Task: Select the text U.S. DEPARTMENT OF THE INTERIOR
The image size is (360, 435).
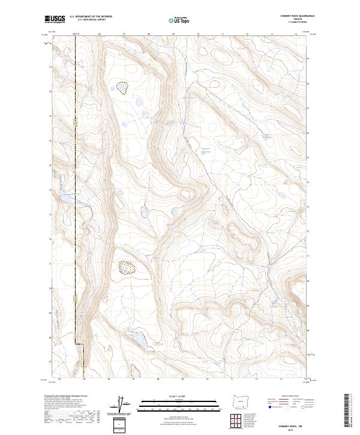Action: click(91, 17)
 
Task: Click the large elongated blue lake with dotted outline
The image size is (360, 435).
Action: click(139, 340)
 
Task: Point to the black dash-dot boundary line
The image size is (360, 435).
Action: click(76, 180)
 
